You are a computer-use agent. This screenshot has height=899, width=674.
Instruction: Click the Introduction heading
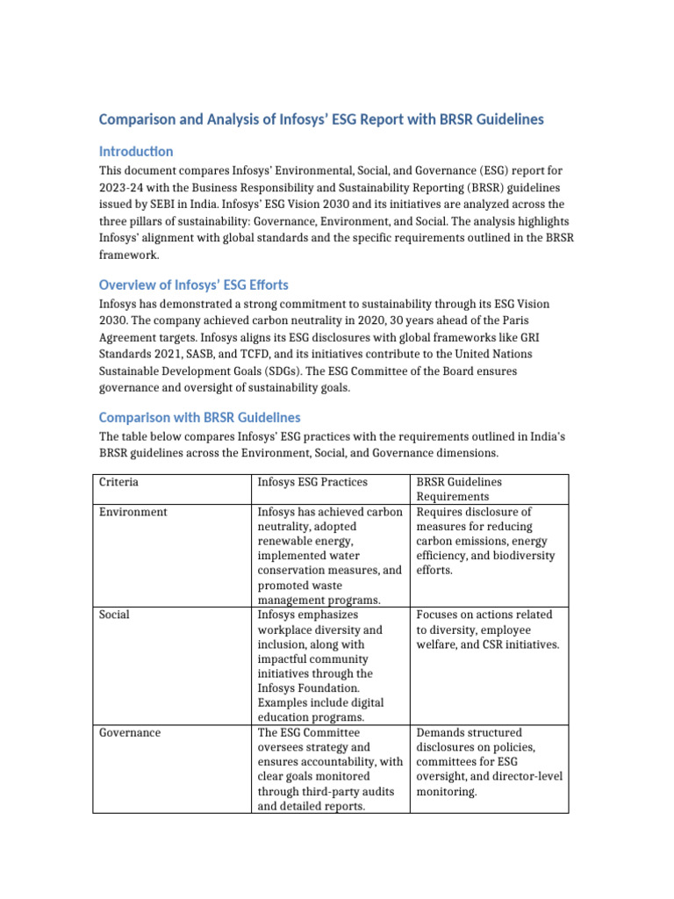point(136,151)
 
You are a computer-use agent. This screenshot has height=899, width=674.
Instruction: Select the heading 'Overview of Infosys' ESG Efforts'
point(194,284)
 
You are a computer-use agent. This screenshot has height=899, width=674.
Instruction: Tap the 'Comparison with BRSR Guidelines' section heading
point(199,417)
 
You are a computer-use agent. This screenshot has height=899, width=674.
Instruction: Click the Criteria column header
point(118,482)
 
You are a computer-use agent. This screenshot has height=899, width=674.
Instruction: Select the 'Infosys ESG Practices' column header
point(312,482)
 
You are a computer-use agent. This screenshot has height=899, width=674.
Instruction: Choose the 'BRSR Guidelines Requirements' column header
point(468,489)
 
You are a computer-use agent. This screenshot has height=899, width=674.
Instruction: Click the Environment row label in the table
point(133,512)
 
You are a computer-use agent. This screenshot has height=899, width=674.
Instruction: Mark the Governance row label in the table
point(130,732)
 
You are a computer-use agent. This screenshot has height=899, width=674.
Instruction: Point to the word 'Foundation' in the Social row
point(342,688)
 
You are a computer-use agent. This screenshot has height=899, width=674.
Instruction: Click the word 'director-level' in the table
point(523,776)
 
